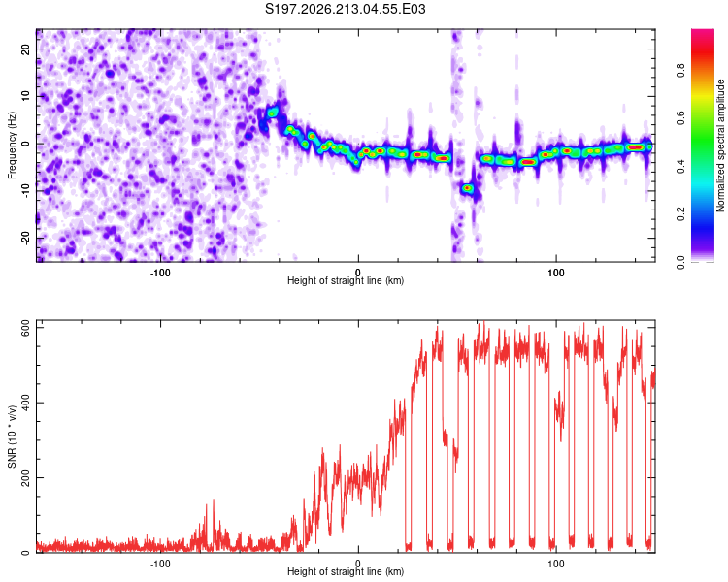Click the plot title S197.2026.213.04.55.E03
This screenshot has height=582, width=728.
(345, 9)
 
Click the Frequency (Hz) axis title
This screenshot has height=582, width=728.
(12, 145)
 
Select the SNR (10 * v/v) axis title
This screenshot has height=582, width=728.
(12, 436)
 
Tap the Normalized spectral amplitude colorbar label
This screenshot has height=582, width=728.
(720, 145)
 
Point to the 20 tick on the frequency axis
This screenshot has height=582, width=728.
(26, 48)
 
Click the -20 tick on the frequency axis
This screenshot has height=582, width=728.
(26, 238)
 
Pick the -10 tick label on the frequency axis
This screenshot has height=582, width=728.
(26, 191)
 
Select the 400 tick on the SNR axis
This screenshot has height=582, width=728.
(26, 403)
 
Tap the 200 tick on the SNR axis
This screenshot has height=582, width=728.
(26, 477)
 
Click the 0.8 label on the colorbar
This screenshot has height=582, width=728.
(680, 71)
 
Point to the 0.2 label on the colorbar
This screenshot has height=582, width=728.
(680, 214)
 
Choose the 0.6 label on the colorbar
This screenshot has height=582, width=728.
(680, 118)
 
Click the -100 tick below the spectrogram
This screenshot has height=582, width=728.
(160, 273)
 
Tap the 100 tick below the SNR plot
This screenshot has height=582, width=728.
(556, 564)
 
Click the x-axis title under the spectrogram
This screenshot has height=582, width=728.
(346, 280)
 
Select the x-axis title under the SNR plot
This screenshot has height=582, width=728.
(346, 571)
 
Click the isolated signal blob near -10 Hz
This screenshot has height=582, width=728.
(467, 188)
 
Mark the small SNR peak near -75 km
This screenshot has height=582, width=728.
(214, 502)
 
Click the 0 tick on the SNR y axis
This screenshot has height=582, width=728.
(26, 553)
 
